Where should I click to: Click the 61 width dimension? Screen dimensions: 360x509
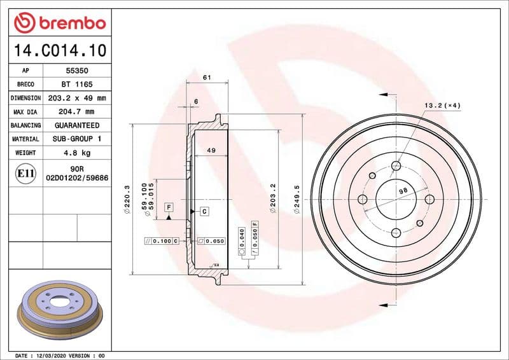pyautogui.click(x=206, y=77)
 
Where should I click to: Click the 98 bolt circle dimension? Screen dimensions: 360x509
pyautogui.click(x=402, y=191)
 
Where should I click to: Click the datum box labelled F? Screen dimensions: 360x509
pyautogui.click(x=169, y=207)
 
